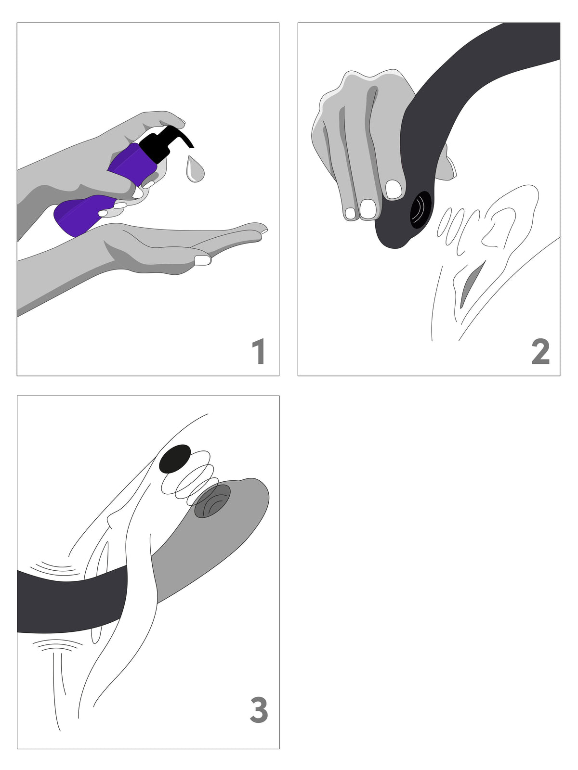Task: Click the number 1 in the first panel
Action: tap(259, 351)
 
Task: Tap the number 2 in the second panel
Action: tap(540, 351)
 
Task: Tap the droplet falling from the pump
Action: tap(194, 169)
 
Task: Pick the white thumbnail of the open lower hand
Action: tap(202, 260)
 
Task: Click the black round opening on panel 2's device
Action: tap(421, 210)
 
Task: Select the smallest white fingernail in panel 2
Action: tap(350, 213)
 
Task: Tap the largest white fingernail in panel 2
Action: tap(368, 208)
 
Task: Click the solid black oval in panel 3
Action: tap(175, 459)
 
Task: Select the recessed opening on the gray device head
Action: tap(212, 501)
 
